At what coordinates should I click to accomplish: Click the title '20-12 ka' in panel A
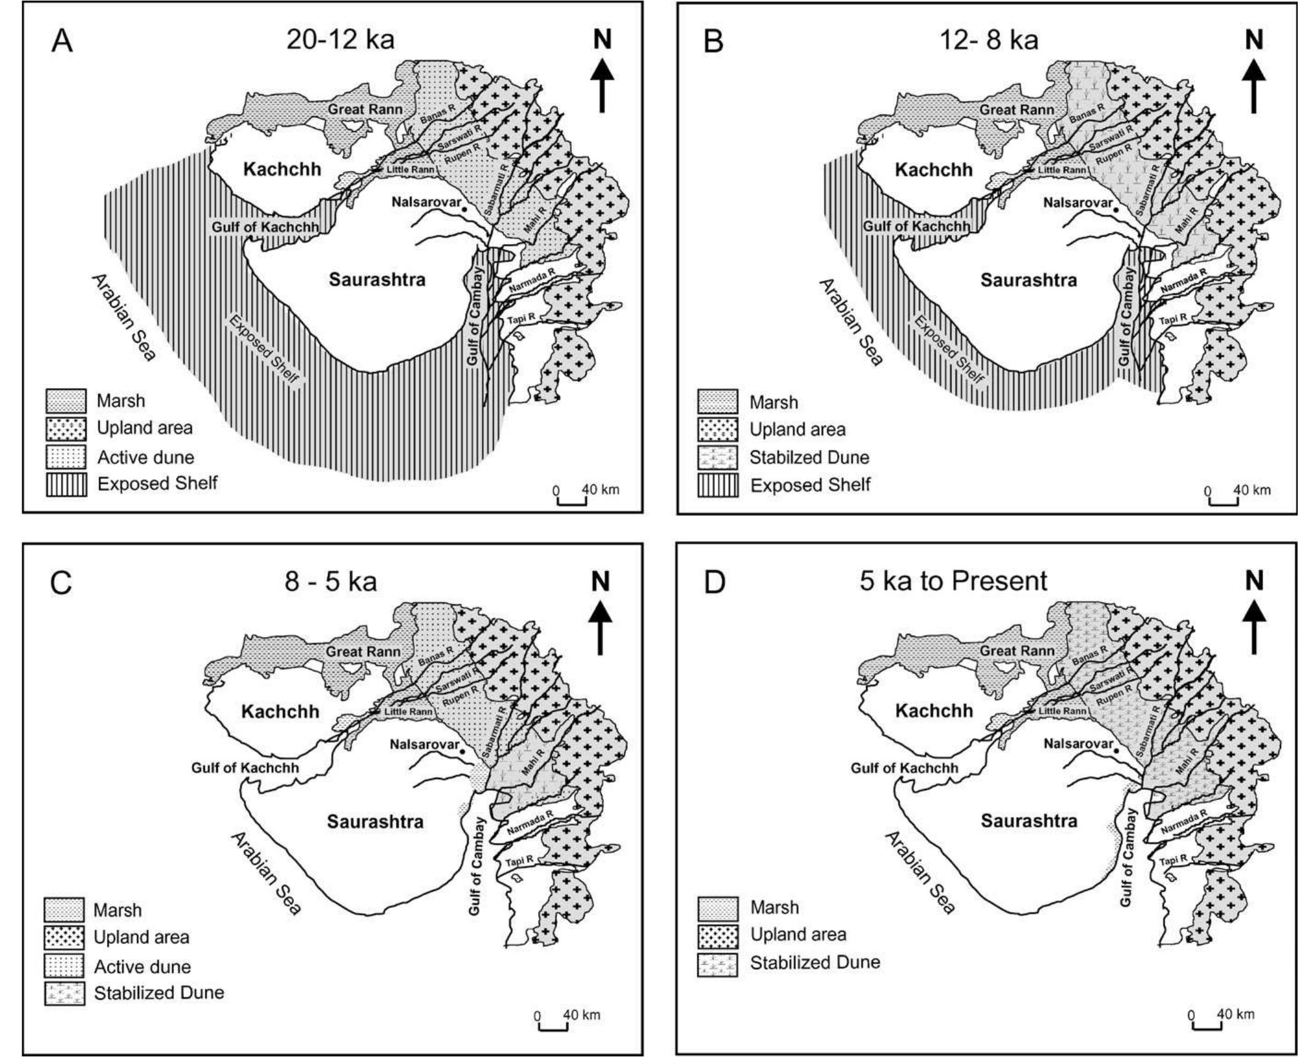click(340, 40)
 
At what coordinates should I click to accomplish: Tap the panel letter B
click(713, 42)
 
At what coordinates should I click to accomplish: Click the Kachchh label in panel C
click(280, 711)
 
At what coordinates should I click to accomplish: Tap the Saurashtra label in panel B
click(1028, 280)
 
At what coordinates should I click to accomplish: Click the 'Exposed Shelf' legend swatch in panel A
click(66, 485)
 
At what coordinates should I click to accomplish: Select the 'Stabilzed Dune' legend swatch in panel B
click(718, 458)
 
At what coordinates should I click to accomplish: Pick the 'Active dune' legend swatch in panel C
click(63, 967)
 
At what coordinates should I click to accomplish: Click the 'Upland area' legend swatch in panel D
click(718, 935)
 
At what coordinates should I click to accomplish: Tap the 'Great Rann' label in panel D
click(1017, 651)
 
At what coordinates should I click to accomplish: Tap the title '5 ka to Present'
click(953, 581)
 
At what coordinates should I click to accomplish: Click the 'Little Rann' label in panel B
click(1062, 170)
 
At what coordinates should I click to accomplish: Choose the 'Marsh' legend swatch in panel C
click(63, 909)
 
